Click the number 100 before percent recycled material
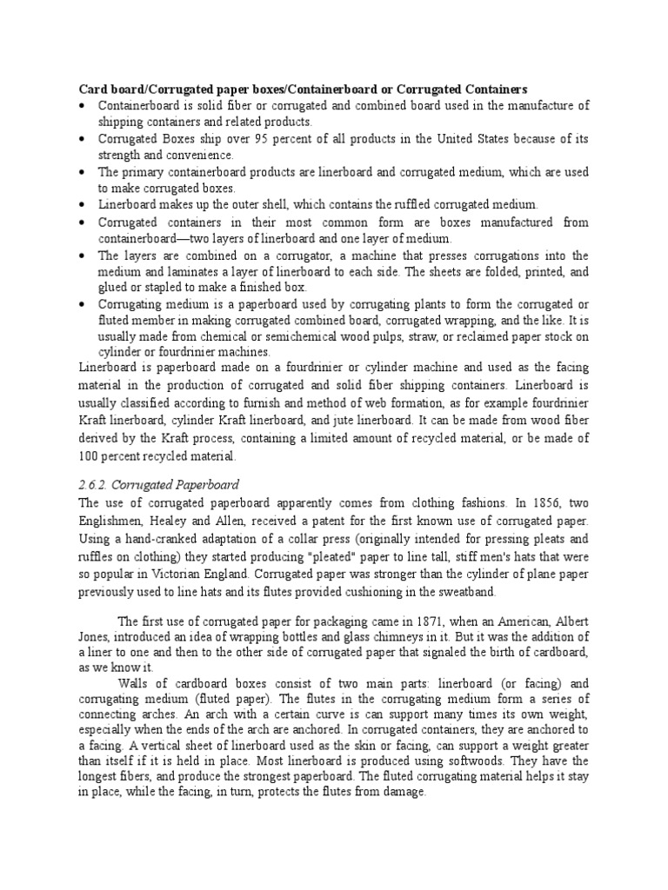[90, 455]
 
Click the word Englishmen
[113, 521]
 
